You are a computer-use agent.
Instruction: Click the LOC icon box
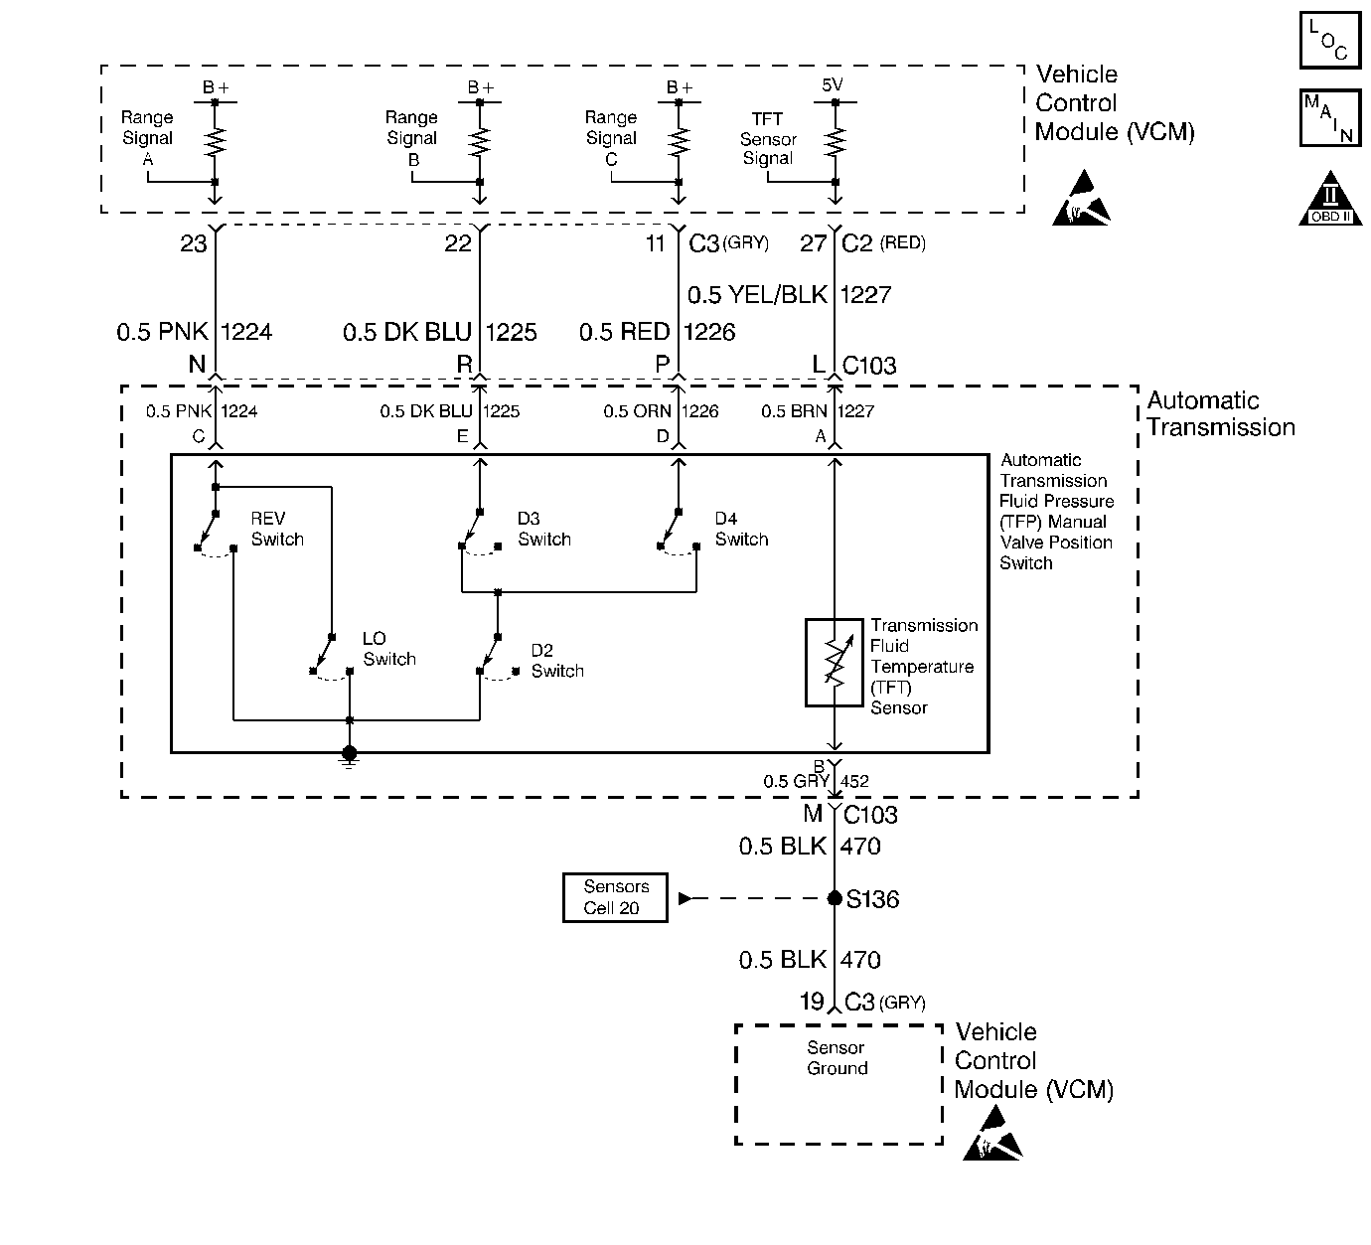pyautogui.click(x=1330, y=41)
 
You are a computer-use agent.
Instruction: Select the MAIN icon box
pyautogui.click(x=1330, y=118)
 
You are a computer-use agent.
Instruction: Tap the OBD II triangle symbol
pyautogui.click(x=1330, y=199)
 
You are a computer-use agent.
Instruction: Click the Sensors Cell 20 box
pyautogui.click(x=615, y=897)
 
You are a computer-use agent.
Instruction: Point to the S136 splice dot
pyautogui.click(x=835, y=898)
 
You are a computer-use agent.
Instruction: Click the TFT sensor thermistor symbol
pyautogui.click(x=834, y=663)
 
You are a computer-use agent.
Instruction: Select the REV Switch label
pyautogui.click(x=277, y=529)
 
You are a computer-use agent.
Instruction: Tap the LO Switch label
pyautogui.click(x=388, y=648)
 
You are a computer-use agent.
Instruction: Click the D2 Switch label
pyautogui.click(x=557, y=661)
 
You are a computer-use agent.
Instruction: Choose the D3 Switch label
pyautogui.click(x=544, y=529)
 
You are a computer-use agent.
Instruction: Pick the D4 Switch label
pyautogui.click(x=741, y=529)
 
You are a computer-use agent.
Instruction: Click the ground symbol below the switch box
pyautogui.click(x=350, y=757)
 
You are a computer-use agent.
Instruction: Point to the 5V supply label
pyautogui.click(x=832, y=84)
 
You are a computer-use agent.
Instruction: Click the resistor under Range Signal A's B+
pyautogui.click(x=215, y=142)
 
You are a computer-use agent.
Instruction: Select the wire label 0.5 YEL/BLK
pyautogui.click(x=757, y=295)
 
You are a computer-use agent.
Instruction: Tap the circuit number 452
pyautogui.click(x=854, y=781)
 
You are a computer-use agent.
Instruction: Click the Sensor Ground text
pyautogui.click(x=837, y=1057)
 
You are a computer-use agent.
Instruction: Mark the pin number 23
pyautogui.click(x=193, y=243)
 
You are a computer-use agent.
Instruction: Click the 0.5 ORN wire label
pyautogui.click(x=637, y=411)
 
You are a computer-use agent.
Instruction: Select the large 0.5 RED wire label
pyautogui.click(x=624, y=332)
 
